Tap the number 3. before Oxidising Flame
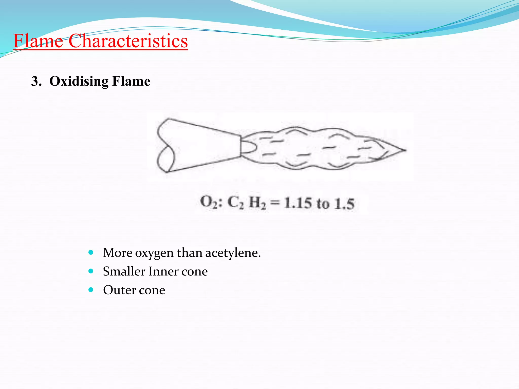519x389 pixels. click(36, 82)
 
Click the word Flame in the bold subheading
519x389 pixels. click(131, 82)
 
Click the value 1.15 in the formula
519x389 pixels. click(298, 203)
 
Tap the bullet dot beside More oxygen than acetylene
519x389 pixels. click(91, 252)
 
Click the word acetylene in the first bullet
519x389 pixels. click(233, 253)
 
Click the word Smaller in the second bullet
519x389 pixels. click(124, 271)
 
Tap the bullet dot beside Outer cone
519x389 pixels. click(91, 289)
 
